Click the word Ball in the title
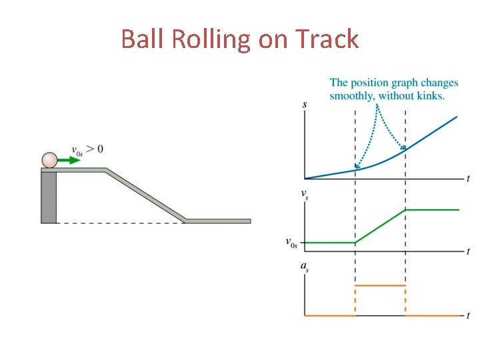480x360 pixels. [143, 39]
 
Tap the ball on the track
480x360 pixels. [50, 160]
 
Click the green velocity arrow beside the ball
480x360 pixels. [66, 160]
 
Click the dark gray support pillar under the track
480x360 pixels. [49, 197]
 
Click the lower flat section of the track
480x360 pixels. [217, 221]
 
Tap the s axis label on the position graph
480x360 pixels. [305, 105]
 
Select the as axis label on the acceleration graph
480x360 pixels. [305, 267]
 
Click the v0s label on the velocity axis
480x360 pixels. [292, 243]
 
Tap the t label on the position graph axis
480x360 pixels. [469, 179]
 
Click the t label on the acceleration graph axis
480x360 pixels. [469, 315]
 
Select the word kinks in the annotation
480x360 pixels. [430, 95]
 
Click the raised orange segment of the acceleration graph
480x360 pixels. [380, 285]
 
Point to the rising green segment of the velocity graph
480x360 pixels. [380, 227]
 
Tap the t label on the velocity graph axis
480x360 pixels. [469, 252]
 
